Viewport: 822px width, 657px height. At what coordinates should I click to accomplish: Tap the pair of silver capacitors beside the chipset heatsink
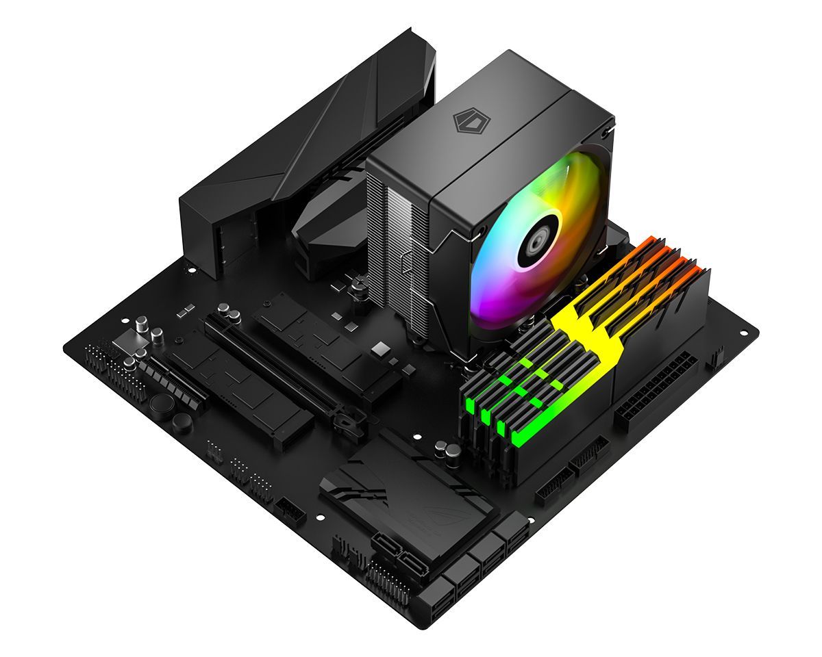pos(447,451)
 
